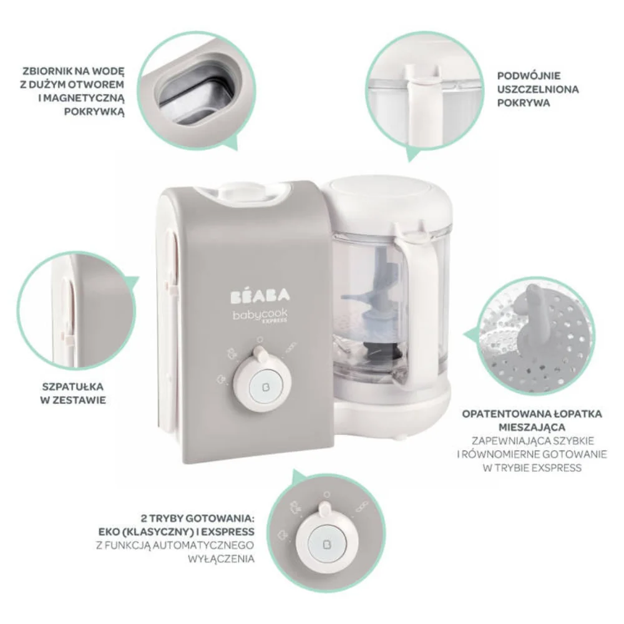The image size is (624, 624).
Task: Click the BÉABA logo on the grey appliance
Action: (260, 296)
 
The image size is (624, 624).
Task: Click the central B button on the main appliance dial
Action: (263, 385)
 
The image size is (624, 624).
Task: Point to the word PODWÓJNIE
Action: (529, 76)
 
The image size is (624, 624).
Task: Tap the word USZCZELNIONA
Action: (538, 89)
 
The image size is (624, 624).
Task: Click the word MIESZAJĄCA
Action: (532, 427)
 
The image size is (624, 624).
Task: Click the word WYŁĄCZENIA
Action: (221, 558)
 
